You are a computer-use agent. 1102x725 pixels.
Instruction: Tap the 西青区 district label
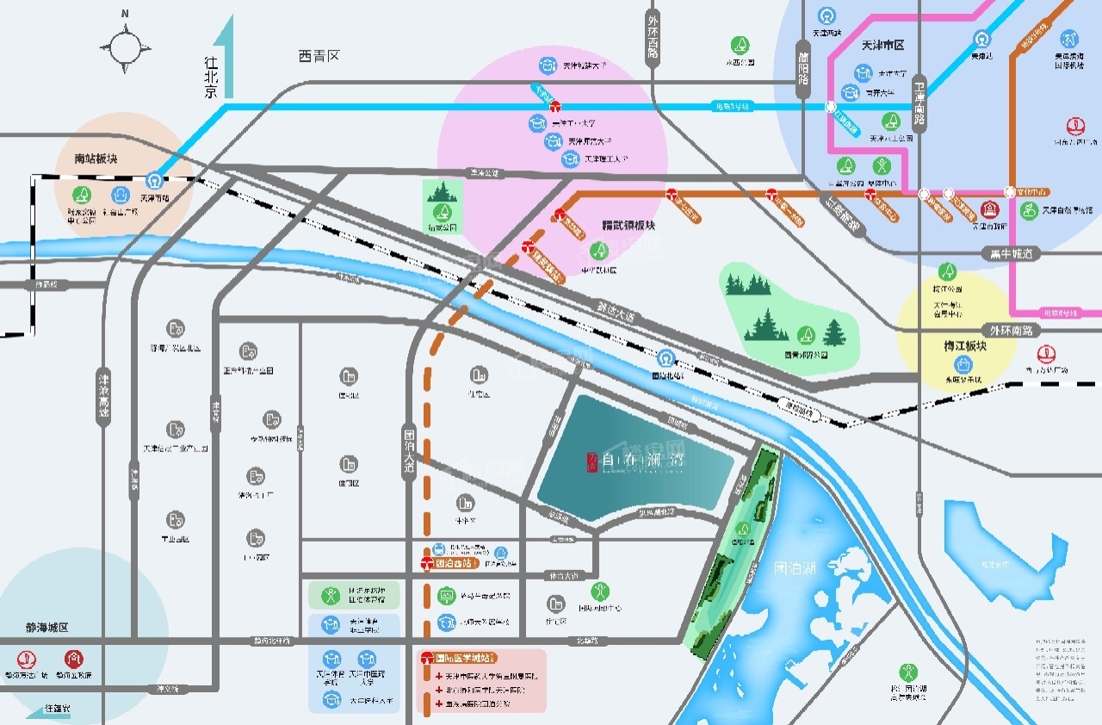point(319,56)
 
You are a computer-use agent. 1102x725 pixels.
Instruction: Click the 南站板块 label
point(96,159)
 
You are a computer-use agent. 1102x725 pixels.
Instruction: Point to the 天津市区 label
point(882,45)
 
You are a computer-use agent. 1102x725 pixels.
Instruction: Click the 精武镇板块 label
point(628,226)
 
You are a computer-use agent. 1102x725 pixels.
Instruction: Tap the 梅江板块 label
point(964,346)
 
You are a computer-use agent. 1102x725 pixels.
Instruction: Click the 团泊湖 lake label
point(793,569)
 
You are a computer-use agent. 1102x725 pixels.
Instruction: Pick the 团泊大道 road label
point(409,454)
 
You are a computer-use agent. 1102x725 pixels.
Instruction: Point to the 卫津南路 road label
point(919,102)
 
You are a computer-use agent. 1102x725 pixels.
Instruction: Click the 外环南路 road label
point(1014,330)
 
